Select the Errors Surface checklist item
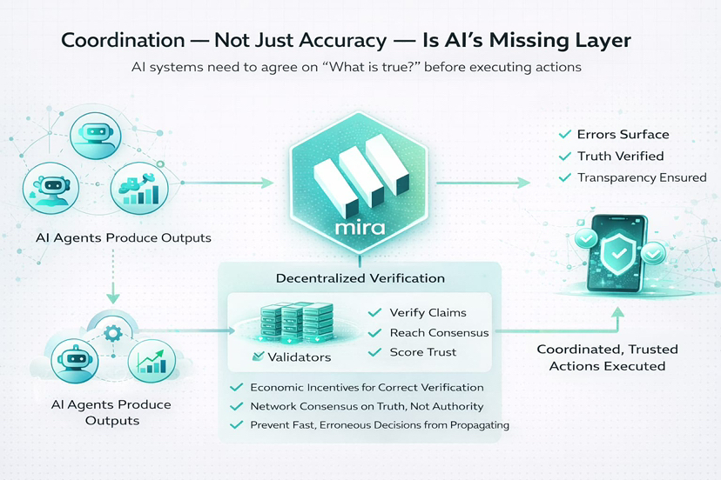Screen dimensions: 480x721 click(623, 135)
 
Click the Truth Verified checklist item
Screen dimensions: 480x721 click(620, 157)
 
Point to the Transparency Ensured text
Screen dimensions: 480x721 click(642, 177)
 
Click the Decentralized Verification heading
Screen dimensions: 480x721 click(360, 278)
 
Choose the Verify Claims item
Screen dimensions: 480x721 click(428, 312)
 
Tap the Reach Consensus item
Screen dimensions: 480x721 click(439, 332)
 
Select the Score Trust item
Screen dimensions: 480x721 click(423, 352)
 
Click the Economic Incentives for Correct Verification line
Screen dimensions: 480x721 click(366, 387)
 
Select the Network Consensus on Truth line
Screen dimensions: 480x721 click(366, 406)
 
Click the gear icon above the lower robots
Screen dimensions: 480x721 click(111, 332)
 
